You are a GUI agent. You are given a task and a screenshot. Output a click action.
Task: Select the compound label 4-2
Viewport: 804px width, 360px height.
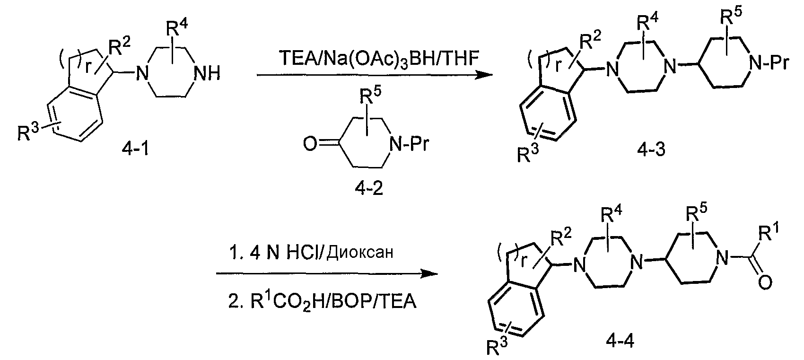(368, 188)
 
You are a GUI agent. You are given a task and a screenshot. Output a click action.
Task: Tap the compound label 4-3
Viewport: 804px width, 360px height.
(651, 149)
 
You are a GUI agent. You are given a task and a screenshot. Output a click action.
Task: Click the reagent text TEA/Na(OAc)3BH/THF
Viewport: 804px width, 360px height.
(379, 59)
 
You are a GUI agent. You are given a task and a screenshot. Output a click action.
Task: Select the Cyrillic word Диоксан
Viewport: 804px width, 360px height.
(359, 253)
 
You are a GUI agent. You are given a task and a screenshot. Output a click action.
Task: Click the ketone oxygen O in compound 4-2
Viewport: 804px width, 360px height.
(310, 143)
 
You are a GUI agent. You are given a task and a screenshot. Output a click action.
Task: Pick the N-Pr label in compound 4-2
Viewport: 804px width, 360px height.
(409, 144)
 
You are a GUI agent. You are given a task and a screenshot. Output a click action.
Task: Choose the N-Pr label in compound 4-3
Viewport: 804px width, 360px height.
(769, 63)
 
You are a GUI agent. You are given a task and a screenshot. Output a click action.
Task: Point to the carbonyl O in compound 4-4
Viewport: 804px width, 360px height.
(765, 282)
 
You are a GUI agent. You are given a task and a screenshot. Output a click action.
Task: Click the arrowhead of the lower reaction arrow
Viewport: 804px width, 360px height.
(429, 274)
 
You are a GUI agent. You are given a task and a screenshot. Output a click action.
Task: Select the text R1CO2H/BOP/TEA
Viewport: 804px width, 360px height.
(323, 301)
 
